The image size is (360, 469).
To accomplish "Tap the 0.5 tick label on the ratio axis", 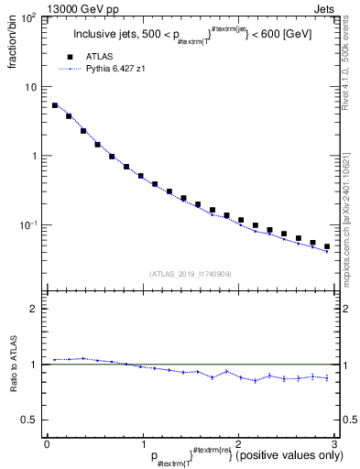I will pyautogui.click(x=29, y=420).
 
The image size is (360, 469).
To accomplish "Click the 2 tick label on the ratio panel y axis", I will pyautogui.click(x=33, y=309).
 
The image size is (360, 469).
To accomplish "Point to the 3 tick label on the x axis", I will pyautogui.click(x=334, y=444).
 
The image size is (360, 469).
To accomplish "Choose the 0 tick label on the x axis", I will pyautogui.click(x=47, y=444).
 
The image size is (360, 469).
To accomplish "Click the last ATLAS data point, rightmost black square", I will pyautogui.click(x=327, y=246).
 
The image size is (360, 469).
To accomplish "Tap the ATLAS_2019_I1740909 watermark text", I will pyautogui.click(x=190, y=274).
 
